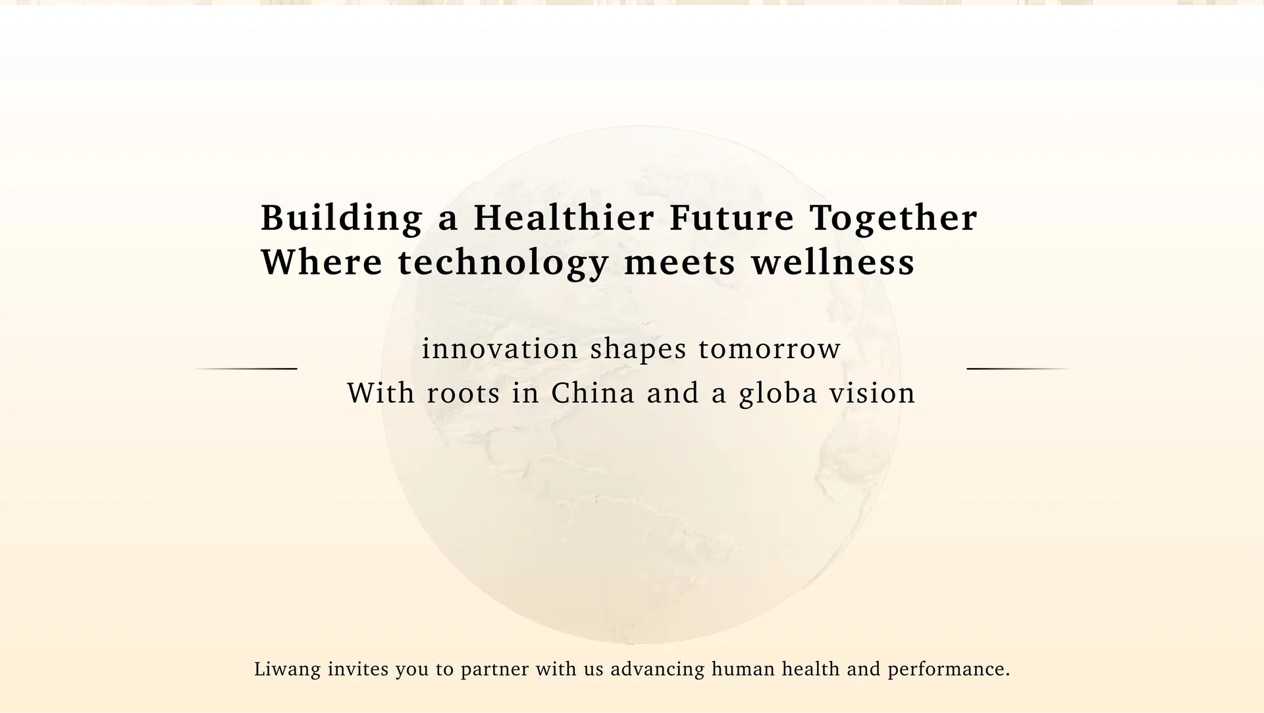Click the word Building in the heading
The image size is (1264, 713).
tap(342, 218)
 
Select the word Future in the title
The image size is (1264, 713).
tap(732, 217)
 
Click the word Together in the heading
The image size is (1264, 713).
tap(894, 219)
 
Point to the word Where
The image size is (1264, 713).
tap(322, 261)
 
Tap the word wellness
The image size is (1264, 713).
tap(833, 261)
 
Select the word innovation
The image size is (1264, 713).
tap(500, 348)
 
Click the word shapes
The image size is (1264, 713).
tap(639, 350)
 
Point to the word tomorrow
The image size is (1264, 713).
tap(770, 349)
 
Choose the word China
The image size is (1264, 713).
tap(593, 393)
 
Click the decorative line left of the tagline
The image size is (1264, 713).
tap(246, 369)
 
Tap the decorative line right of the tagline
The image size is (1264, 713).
tap(1018, 369)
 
